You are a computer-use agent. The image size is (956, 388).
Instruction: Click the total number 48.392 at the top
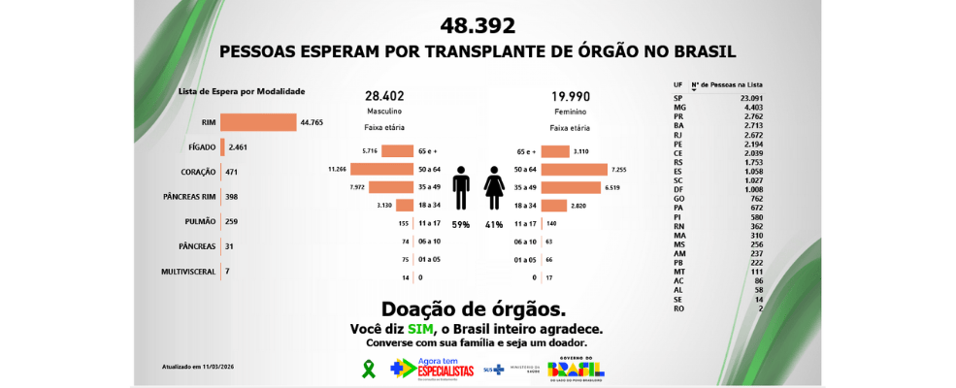click(478, 26)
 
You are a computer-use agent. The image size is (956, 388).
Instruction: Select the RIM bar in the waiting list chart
click(258, 122)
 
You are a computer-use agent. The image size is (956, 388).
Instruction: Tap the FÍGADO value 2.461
click(239, 147)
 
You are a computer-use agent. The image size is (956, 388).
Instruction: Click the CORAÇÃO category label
click(197, 172)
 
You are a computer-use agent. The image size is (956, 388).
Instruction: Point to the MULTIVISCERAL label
click(188, 273)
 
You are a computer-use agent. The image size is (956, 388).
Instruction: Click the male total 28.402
click(384, 96)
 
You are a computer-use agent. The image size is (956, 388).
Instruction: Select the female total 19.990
click(571, 96)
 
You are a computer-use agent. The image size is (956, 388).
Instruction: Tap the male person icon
click(461, 187)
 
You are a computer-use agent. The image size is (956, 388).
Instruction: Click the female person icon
click(494, 187)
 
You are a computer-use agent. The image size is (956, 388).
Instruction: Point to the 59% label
click(460, 224)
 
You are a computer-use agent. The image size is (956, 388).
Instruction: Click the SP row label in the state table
click(677, 99)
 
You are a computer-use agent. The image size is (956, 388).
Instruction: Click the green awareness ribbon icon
click(368, 369)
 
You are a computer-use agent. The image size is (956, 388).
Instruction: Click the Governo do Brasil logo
click(576, 369)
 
